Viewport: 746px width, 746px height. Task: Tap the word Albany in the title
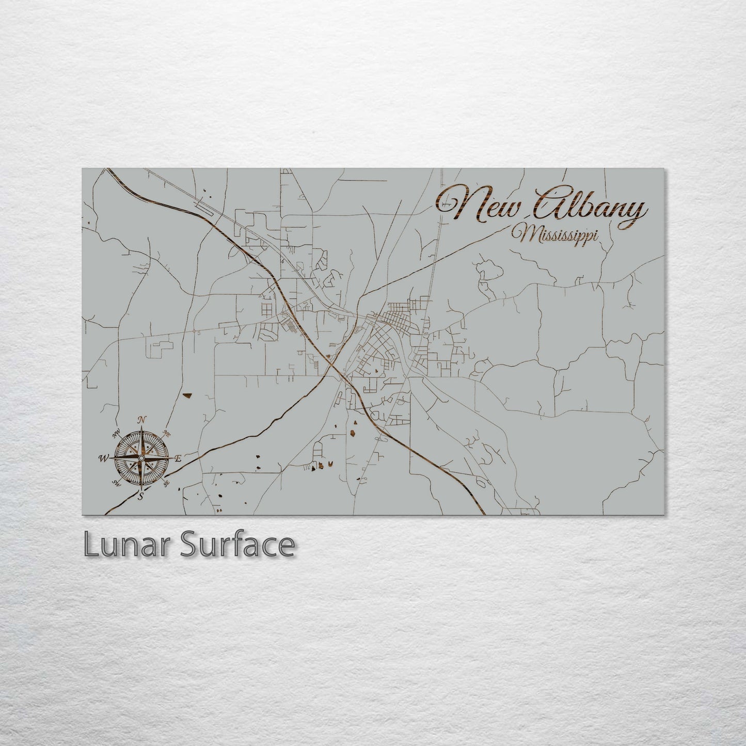(591, 205)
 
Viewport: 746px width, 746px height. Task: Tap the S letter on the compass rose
(140, 496)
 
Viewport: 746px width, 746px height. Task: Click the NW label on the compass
(116, 433)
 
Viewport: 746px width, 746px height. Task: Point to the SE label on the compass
(166, 484)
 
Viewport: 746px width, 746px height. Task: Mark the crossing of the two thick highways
(333, 363)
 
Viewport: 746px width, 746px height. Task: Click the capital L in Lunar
(90, 545)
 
